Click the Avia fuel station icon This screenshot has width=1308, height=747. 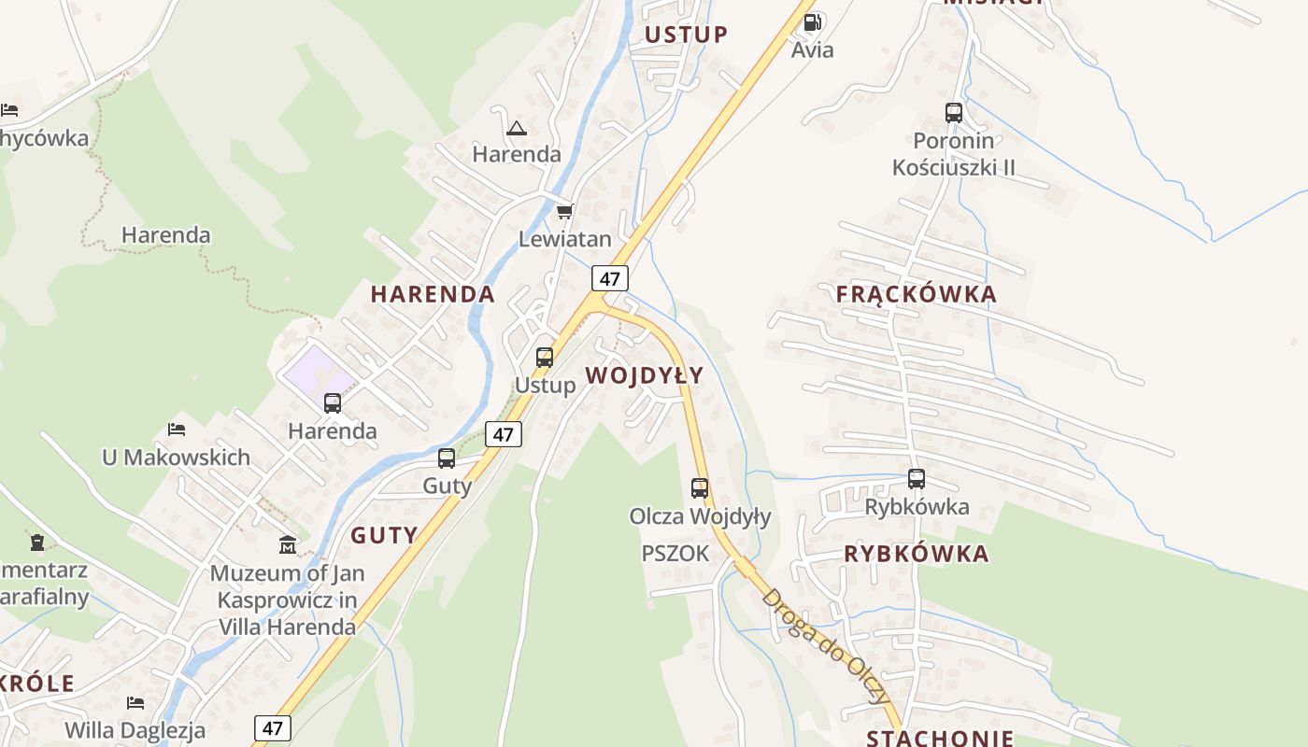[x=813, y=21]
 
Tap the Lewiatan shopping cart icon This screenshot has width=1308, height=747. [x=564, y=212]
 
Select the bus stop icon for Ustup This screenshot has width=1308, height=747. [x=545, y=357]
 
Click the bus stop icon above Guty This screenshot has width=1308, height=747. [x=447, y=458]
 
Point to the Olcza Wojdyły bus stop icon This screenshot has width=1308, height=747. [x=700, y=487]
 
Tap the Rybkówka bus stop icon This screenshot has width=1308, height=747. [x=917, y=479]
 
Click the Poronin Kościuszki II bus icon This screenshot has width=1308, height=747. [x=954, y=113]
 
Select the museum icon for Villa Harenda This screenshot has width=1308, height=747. [x=288, y=544]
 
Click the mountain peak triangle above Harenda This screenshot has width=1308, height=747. [x=516, y=128]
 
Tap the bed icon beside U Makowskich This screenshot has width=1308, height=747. [x=177, y=430]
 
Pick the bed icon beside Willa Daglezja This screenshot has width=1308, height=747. [x=135, y=702]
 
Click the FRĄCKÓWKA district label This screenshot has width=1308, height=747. [x=917, y=294]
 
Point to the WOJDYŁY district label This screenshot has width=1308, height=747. [x=645, y=375]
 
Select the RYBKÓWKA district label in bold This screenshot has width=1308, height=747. [x=916, y=554]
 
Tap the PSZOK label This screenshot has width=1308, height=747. [x=675, y=554]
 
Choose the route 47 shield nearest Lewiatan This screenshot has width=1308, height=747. [x=610, y=278]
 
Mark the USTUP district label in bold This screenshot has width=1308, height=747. [x=687, y=35]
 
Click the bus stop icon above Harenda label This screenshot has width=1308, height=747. [x=333, y=403]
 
